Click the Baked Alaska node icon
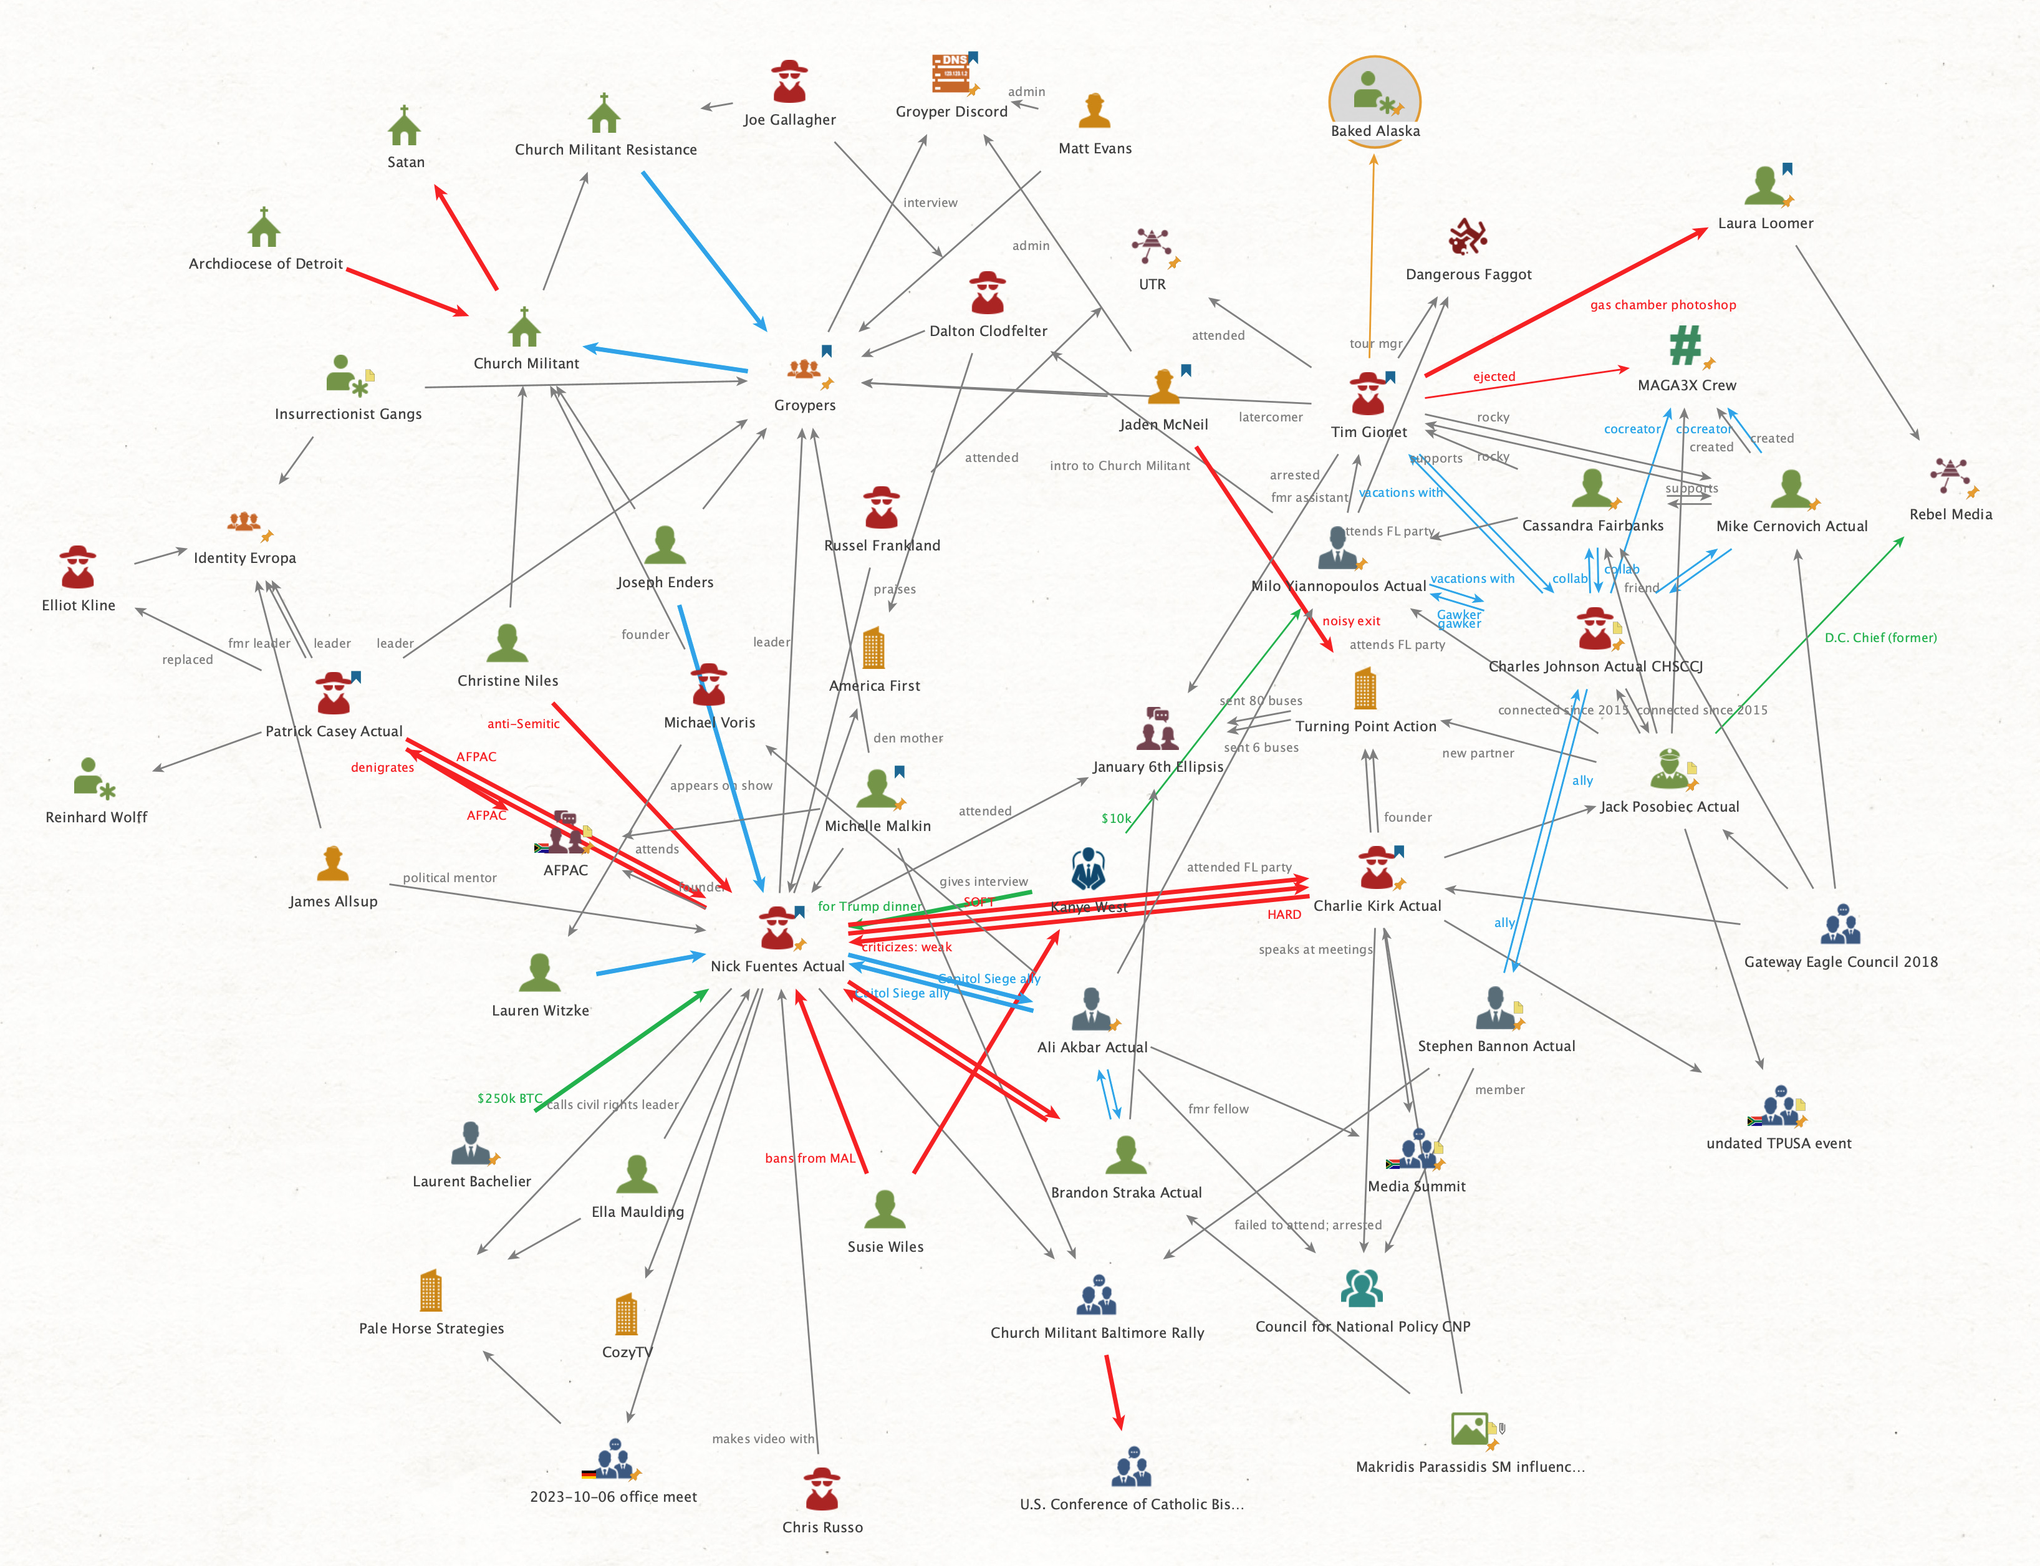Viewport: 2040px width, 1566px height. tap(1374, 94)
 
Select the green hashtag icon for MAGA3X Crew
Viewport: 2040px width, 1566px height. tap(1685, 346)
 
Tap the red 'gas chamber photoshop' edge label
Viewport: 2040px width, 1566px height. tap(1662, 305)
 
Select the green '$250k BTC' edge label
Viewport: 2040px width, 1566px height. tap(509, 1098)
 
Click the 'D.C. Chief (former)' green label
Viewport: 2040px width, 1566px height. tap(1880, 638)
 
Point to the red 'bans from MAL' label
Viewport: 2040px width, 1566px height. tap(809, 1159)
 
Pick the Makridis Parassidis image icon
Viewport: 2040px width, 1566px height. tap(1470, 1429)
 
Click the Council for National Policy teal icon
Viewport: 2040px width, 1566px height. tap(1361, 1288)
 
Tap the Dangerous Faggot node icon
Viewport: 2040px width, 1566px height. tap(1468, 238)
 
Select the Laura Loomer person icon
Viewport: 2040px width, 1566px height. tap(1764, 186)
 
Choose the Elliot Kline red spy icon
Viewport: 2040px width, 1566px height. tap(77, 568)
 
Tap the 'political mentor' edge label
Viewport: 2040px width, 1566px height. tap(450, 878)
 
